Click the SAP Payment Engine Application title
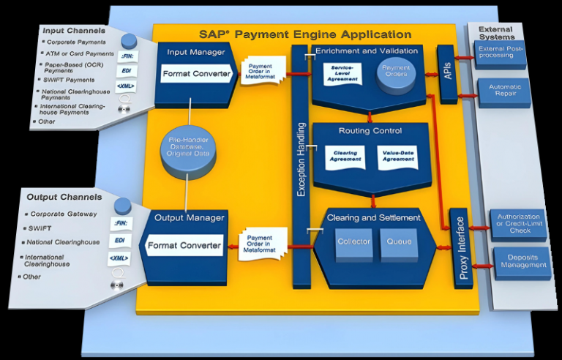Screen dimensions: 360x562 305,34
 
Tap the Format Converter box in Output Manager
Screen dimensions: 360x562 184,245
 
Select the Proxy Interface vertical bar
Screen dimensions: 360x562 459,250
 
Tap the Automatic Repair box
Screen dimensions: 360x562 503,91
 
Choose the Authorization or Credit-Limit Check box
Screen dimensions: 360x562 518,223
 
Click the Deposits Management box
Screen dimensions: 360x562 521,260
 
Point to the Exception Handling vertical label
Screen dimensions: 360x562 301,166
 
